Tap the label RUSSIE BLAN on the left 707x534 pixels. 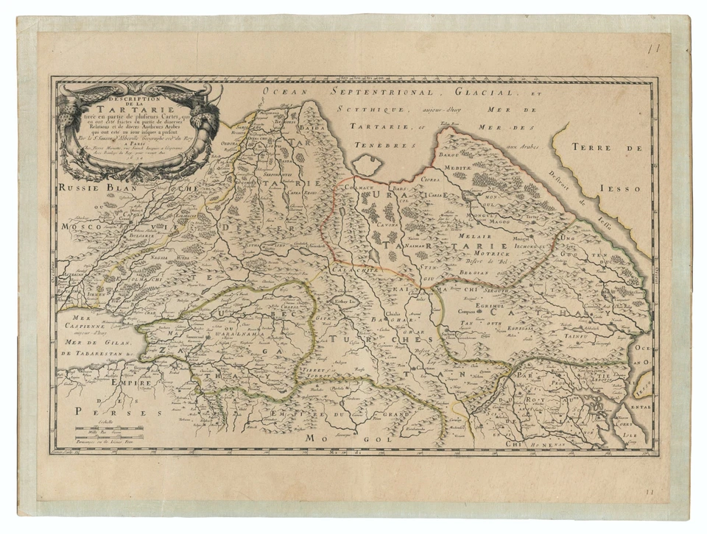pyautogui.click(x=96, y=188)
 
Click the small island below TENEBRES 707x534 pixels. pyautogui.click(x=368, y=163)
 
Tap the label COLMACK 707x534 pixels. pyautogui.click(x=359, y=188)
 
